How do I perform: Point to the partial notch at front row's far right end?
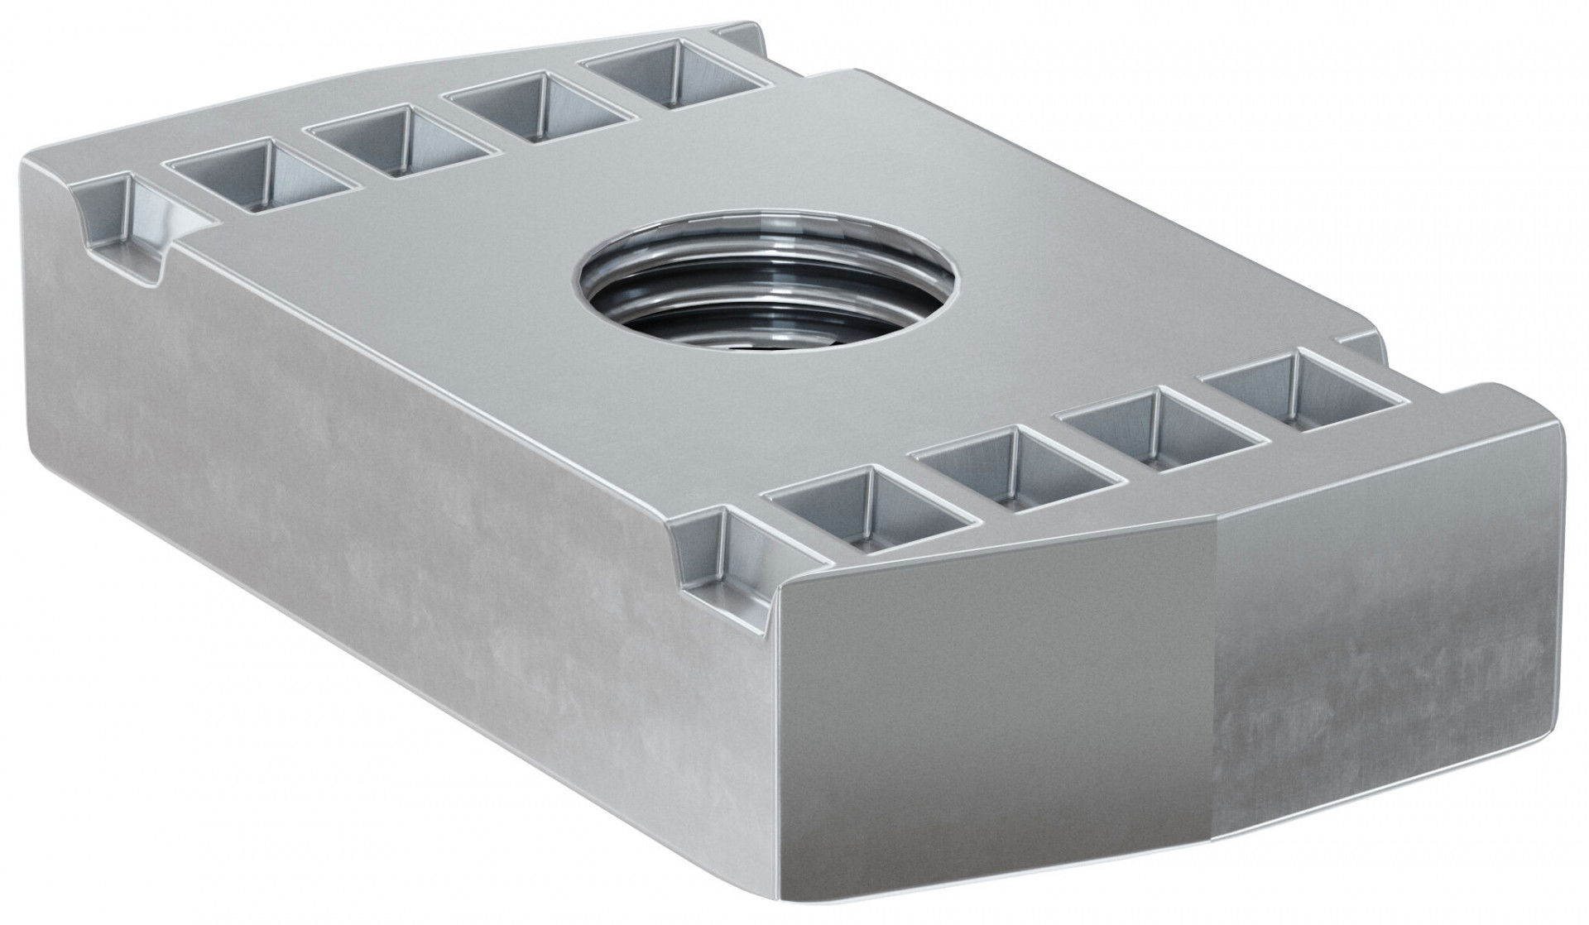pyautogui.click(x=1357, y=347)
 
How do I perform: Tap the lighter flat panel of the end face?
pyautogui.click(x=993, y=703)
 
